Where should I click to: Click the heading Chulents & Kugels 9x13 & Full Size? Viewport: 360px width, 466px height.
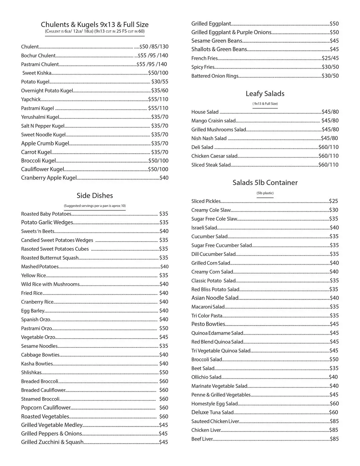click(x=95, y=25)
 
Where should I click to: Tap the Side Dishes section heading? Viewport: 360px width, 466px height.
click(x=95, y=195)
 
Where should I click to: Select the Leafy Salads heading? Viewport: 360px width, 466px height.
click(x=265, y=94)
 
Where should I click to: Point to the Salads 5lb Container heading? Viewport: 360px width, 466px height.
click(x=265, y=182)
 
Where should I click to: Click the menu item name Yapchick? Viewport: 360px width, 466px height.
click(x=31, y=99)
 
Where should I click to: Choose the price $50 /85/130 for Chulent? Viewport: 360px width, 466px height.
click(x=154, y=47)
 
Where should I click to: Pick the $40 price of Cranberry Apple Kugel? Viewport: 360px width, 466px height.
click(x=164, y=178)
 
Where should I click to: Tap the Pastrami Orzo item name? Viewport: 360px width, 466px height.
click(x=36, y=328)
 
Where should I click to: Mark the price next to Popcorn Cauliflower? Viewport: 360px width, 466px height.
click(x=163, y=408)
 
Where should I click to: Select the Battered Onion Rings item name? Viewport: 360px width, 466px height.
click(x=215, y=76)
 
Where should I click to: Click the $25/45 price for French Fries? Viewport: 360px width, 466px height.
click(x=330, y=58)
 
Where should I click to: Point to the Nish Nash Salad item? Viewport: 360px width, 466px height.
click(x=209, y=138)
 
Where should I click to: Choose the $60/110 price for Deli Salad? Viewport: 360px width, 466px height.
click(x=329, y=147)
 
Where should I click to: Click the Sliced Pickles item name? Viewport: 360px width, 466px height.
click(x=206, y=201)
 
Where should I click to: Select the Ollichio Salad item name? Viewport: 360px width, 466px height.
click(x=206, y=377)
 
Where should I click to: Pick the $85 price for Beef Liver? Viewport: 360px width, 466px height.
click(x=334, y=439)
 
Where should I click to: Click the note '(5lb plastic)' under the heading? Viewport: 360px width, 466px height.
click(x=265, y=193)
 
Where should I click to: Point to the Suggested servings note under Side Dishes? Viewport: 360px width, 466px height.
click(x=95, y=206)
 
